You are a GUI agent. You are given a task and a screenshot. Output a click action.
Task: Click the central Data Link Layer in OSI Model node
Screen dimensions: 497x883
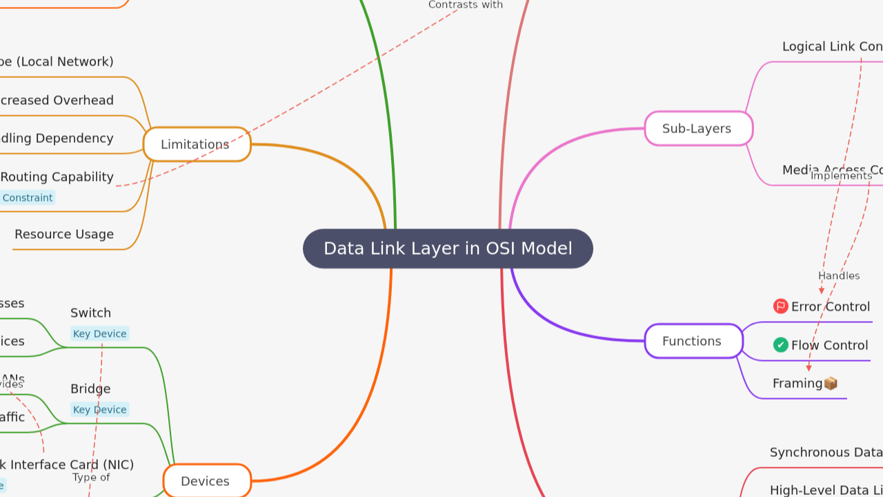448,248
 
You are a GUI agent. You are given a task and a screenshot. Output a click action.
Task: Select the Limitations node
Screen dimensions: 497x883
197,144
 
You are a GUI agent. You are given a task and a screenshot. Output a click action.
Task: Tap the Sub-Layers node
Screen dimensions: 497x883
698,128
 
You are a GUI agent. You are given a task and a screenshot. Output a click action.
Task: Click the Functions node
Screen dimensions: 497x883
693,341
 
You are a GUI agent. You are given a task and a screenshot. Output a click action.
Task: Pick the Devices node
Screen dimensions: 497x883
206,481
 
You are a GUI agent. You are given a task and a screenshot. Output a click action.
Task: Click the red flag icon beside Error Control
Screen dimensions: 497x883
781,306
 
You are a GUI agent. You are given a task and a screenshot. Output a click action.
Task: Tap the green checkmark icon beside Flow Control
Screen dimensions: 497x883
781,345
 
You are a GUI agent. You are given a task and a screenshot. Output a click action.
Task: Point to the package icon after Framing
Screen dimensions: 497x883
831,383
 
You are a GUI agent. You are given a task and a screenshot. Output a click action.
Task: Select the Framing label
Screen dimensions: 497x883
797,383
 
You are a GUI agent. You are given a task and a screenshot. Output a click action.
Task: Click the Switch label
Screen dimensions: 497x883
90,313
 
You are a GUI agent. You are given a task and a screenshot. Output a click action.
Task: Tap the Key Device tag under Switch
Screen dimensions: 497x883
99,333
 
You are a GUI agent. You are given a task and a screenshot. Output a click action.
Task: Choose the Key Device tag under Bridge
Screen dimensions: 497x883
99,409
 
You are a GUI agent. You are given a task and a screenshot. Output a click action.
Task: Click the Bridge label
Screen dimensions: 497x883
90,389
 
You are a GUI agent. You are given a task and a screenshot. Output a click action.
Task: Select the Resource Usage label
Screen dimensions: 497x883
64,234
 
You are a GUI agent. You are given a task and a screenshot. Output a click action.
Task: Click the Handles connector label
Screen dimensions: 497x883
839,275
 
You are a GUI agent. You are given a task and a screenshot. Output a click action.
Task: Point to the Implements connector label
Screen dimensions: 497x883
841,176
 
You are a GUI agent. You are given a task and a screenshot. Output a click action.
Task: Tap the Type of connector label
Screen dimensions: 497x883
91,477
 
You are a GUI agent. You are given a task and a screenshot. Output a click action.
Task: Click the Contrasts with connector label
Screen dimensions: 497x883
465,5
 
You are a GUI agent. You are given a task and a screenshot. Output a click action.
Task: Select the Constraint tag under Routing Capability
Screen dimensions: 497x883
27,197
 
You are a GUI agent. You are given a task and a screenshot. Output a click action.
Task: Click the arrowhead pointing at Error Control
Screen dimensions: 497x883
822,291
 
